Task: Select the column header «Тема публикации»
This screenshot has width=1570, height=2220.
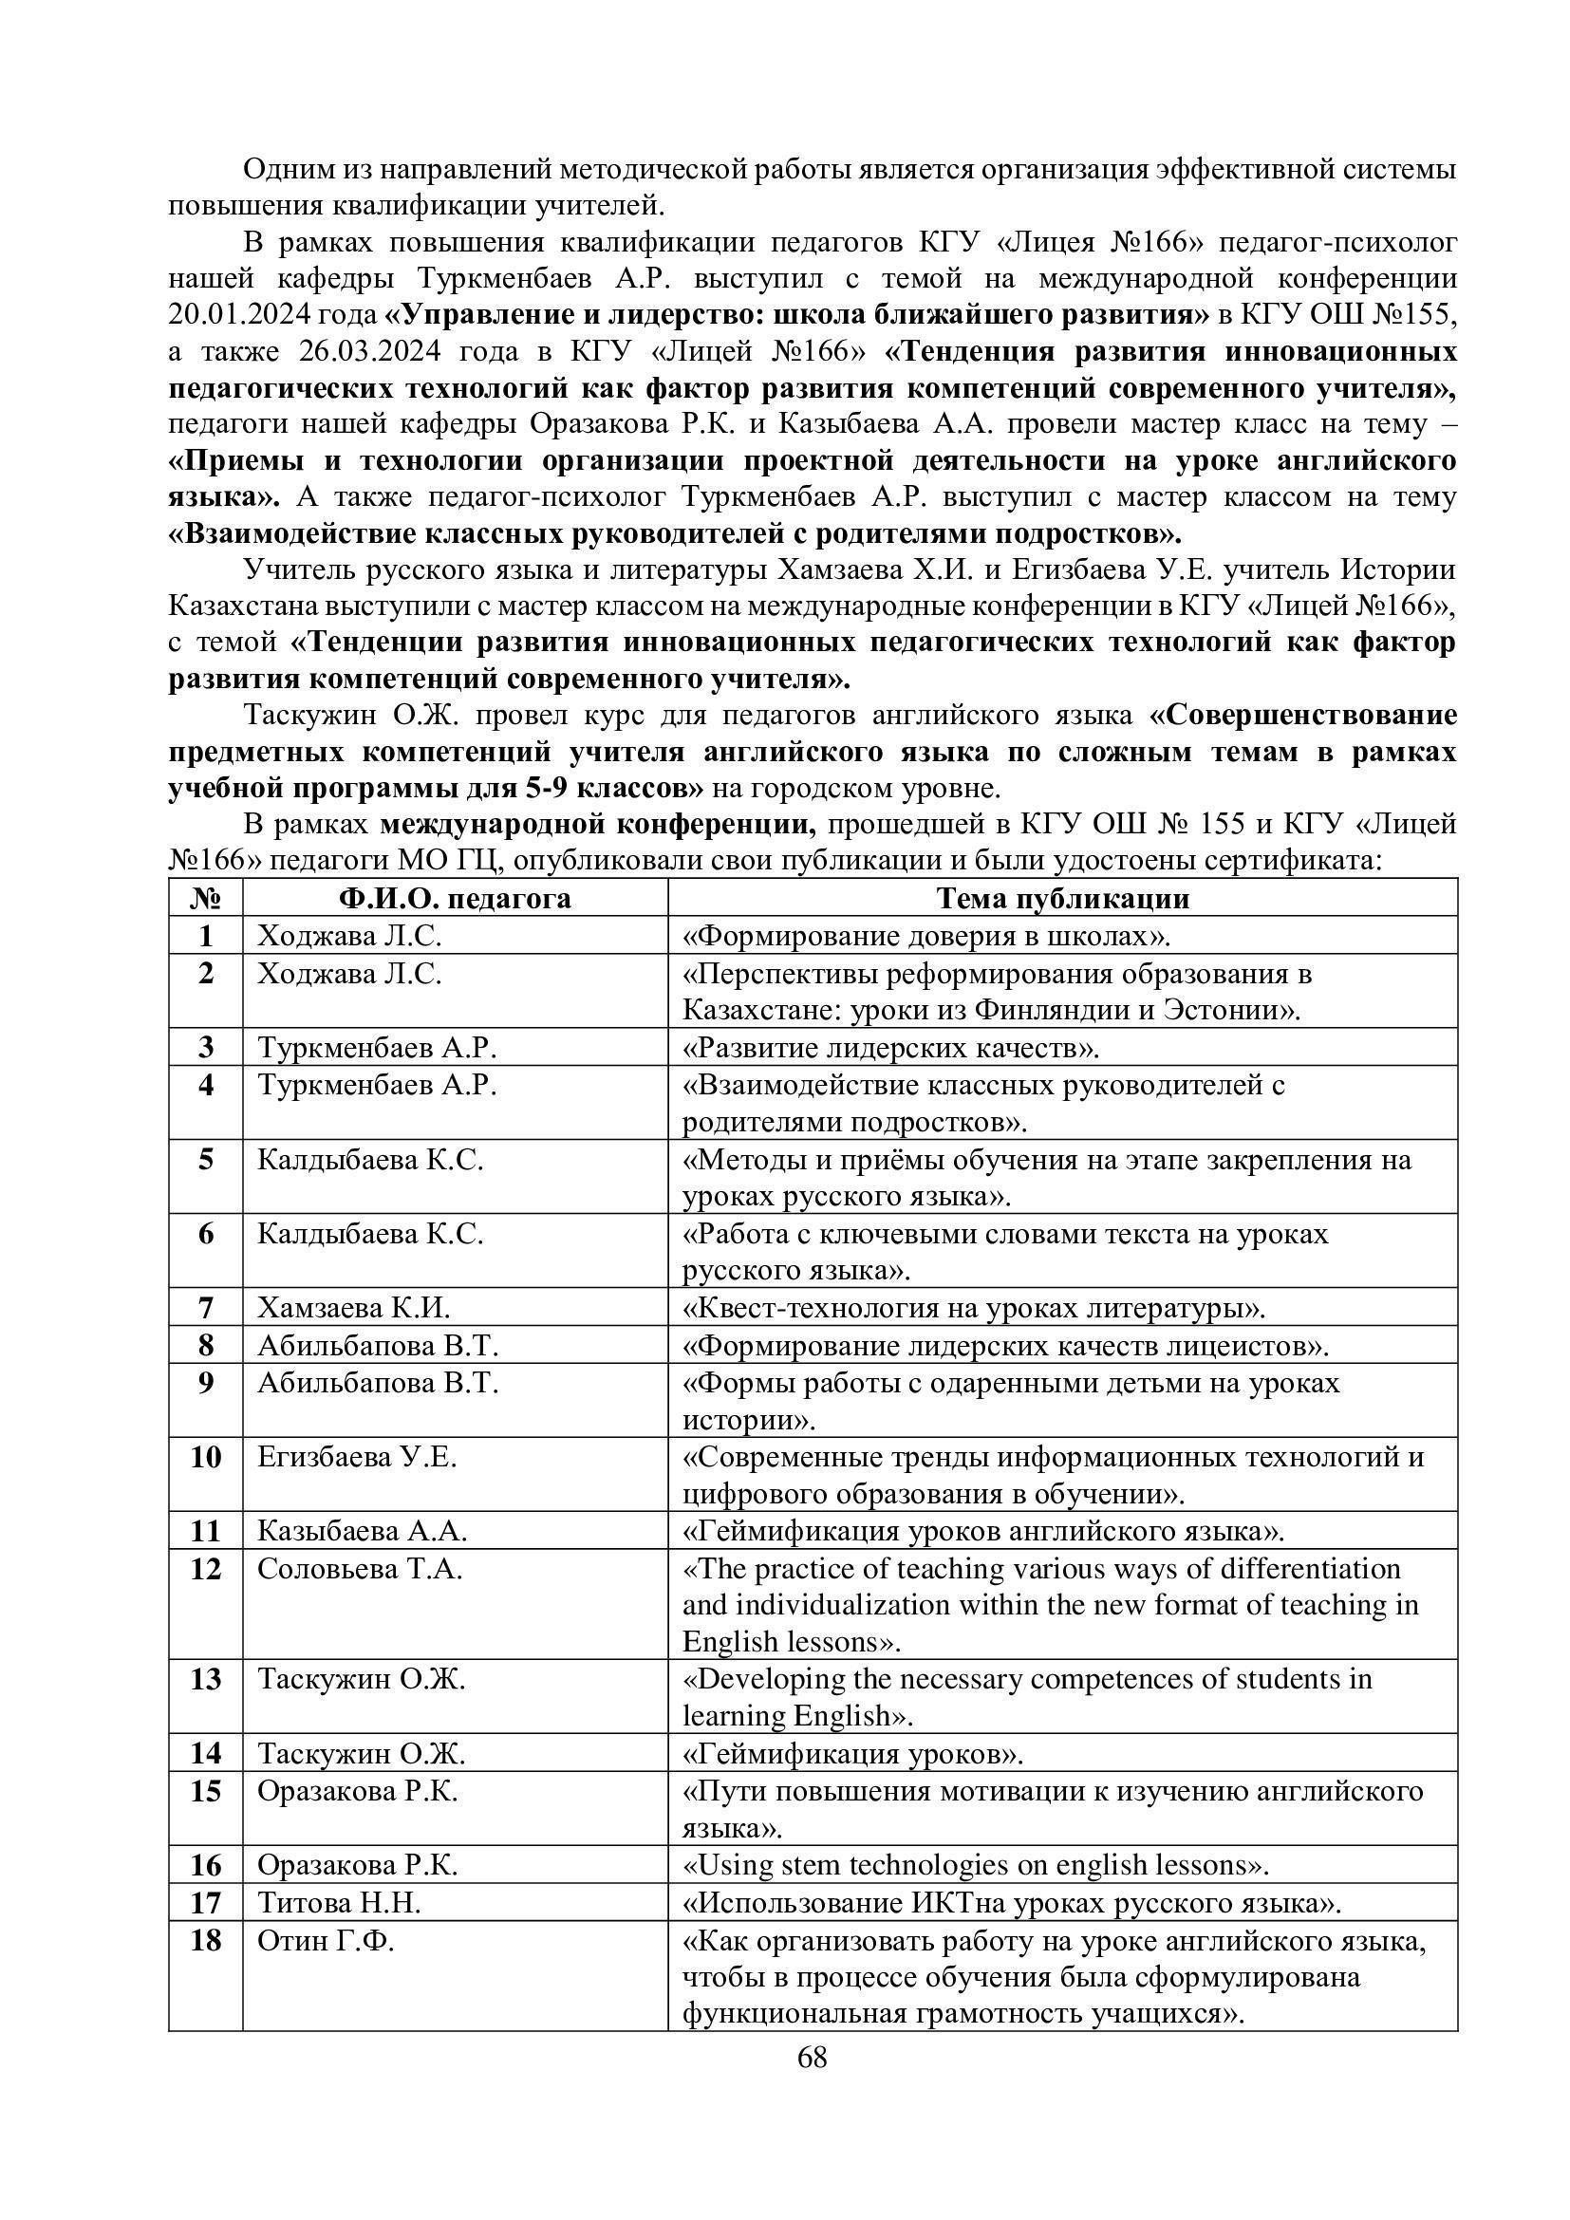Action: click(1062, 899)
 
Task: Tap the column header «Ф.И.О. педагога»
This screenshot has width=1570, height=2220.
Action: click(455, 899)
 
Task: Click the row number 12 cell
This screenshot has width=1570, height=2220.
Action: click(206, 1568)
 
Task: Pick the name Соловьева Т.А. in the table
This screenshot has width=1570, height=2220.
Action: click(360, 1568)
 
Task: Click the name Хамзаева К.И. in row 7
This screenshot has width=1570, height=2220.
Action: click(353, 1308)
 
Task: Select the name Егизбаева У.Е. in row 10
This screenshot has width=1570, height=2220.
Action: click(357, 1457)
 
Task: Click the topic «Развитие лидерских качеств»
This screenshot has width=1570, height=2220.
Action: click(891, 1048)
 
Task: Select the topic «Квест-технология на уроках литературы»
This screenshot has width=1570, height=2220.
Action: click(974, 1308)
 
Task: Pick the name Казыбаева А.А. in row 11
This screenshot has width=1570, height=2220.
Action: click(362, 1532)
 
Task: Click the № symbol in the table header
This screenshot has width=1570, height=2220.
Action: click(206, 899)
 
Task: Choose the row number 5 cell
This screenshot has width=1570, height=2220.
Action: click(206, 1159)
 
